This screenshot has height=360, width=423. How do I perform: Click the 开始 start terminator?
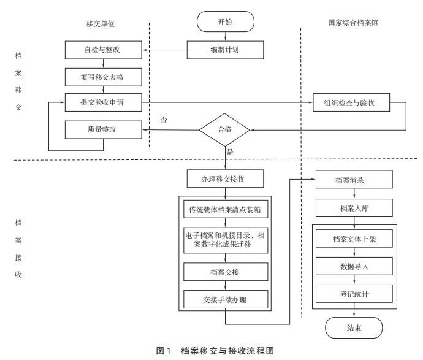tap(225, 21)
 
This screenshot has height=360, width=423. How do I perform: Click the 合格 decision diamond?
tap(225, 130)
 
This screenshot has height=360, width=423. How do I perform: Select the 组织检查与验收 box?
tap(352, 102)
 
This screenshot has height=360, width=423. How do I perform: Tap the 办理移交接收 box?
tap(225, 179)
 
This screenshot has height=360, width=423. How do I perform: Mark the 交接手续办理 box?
tap(225, 299)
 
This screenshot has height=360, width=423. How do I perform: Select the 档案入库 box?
tap(352, 209)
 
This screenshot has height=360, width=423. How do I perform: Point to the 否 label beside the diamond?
tap(164, 118)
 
